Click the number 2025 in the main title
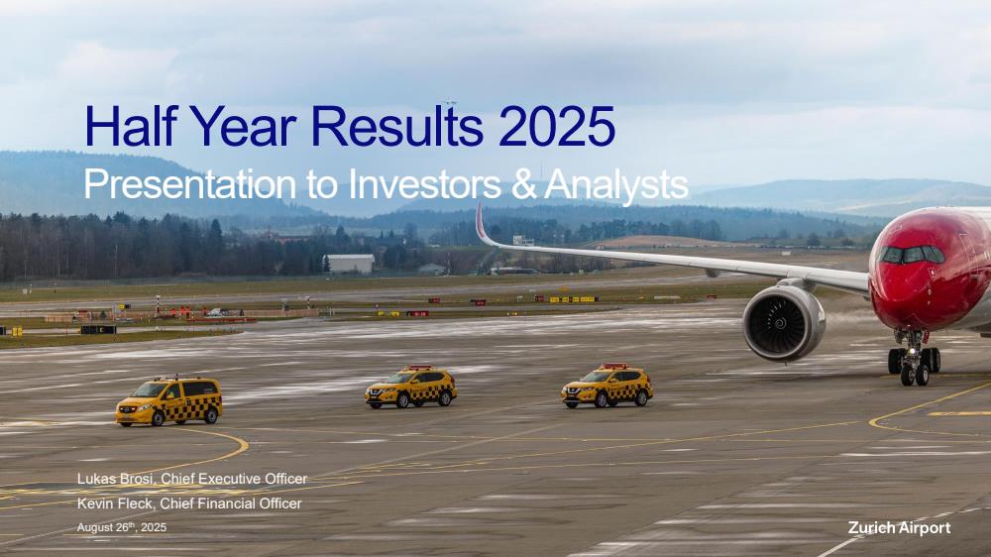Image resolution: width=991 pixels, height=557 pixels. pos(556,126)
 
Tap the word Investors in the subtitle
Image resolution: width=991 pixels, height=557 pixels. pos(425,184)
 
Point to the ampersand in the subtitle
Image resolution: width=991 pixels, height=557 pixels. pos(522,184)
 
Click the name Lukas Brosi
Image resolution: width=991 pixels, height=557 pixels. pos(115,479)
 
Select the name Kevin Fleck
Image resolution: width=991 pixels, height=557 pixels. pos(115,503)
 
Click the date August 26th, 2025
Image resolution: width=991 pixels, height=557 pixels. pos(122,526)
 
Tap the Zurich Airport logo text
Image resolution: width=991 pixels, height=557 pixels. pos(899,528)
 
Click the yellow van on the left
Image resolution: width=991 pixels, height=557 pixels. pos(168,401)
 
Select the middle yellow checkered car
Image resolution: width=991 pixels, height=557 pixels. pos(411,387)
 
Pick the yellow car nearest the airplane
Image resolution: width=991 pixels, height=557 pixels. pos(606,386)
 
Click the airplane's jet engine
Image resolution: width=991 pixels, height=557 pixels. pos(783,323)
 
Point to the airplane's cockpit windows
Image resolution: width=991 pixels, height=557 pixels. pos(912,255)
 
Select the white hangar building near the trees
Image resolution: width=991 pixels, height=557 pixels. pos(350,264)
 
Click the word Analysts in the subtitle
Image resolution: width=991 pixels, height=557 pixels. pos(616,184)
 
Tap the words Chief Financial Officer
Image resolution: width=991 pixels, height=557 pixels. pos(231,503)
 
